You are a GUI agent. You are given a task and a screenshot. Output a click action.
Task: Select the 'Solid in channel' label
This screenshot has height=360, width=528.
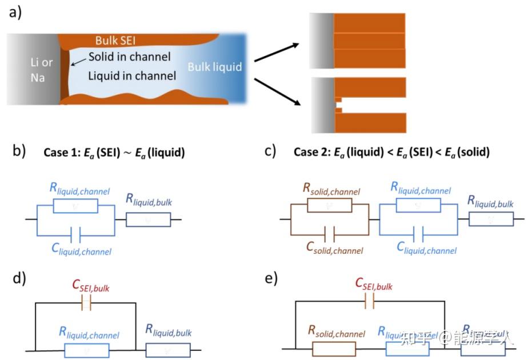[x=130, y=57]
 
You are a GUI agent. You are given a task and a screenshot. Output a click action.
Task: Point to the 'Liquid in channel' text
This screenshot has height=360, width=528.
[x=132, y=75]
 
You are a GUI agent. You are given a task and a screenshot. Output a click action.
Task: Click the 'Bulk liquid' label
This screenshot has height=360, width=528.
[x=215, y=67]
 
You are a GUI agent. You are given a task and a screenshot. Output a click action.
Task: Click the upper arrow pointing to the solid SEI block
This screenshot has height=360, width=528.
[x=278, y=51]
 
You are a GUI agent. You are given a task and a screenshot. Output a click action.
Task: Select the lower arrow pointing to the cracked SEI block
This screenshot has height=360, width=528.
[x=278, y=92]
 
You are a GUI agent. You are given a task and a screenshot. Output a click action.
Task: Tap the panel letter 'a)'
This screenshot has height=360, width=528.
[x=15, y=12]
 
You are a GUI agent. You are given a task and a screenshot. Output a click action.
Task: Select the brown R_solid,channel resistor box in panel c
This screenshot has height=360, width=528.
[x=330, y=205]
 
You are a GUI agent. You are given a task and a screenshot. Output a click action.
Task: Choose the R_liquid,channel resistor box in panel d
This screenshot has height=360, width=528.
[x=87, y=350]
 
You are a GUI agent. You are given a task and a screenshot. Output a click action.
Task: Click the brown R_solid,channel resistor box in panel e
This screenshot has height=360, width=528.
[x=334, y=347]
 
